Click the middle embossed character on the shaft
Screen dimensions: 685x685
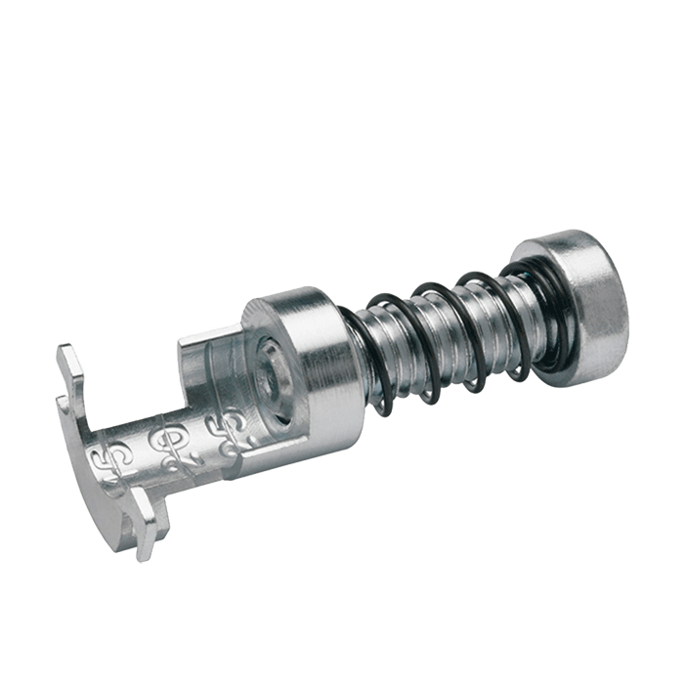tap(158, 445)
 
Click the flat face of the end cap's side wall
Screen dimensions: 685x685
tap(596, 313)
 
